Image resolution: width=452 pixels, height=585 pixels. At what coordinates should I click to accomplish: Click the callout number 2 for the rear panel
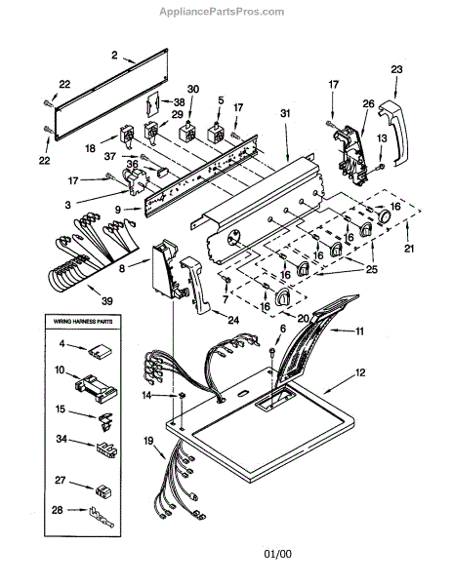point(114,56)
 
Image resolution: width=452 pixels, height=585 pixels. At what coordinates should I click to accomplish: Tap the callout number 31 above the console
point(285,113)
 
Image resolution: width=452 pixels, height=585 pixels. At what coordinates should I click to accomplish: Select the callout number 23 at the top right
point(396,69)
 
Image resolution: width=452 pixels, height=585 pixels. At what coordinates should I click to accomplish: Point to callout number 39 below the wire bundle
point(107,300)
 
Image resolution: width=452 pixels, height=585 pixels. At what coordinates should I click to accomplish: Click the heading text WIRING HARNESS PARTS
point(83,321)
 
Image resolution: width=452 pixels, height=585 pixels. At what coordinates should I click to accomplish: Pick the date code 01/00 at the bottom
point(278,554)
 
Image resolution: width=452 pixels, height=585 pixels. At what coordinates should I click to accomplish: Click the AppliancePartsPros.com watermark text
point(222,12)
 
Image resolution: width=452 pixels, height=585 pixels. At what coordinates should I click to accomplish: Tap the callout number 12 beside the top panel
point(360,372)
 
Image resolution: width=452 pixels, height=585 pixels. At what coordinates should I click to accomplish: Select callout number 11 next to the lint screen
point(359,331)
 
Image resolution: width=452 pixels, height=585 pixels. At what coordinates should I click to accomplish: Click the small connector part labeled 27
point(103,490)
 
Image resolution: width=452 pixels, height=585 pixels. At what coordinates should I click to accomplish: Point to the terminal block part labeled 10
point(97,389)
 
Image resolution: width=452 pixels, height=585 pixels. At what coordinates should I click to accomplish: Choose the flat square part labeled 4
point(98,351)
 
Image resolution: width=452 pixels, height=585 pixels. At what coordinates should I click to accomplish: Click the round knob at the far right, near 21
point(384,216)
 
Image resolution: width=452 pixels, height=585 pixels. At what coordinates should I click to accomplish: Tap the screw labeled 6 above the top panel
point(272,351)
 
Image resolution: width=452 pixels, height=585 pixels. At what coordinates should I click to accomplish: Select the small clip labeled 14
point(182,395)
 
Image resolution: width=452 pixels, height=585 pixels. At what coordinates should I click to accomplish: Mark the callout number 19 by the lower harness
point(148,441)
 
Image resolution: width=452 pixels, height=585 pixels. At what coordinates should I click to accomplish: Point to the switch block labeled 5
point(216,134)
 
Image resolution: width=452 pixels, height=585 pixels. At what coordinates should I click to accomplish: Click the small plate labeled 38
point(152,101)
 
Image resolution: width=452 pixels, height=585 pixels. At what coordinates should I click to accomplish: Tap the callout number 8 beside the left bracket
point(122,268)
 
